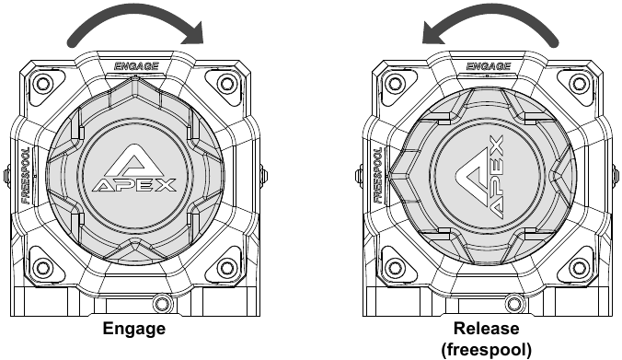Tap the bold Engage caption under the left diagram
click(x=134, y=329)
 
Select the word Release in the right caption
click(x=486, y=329)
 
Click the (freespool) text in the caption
click(x=487, y=350)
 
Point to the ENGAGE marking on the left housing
click(x=136, y=66)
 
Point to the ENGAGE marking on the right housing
click(x=488, y=66)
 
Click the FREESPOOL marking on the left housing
click(x=26, y=176)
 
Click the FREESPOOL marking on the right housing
click(x=377, y=176)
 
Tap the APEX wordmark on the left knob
click(x=134, y=185)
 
